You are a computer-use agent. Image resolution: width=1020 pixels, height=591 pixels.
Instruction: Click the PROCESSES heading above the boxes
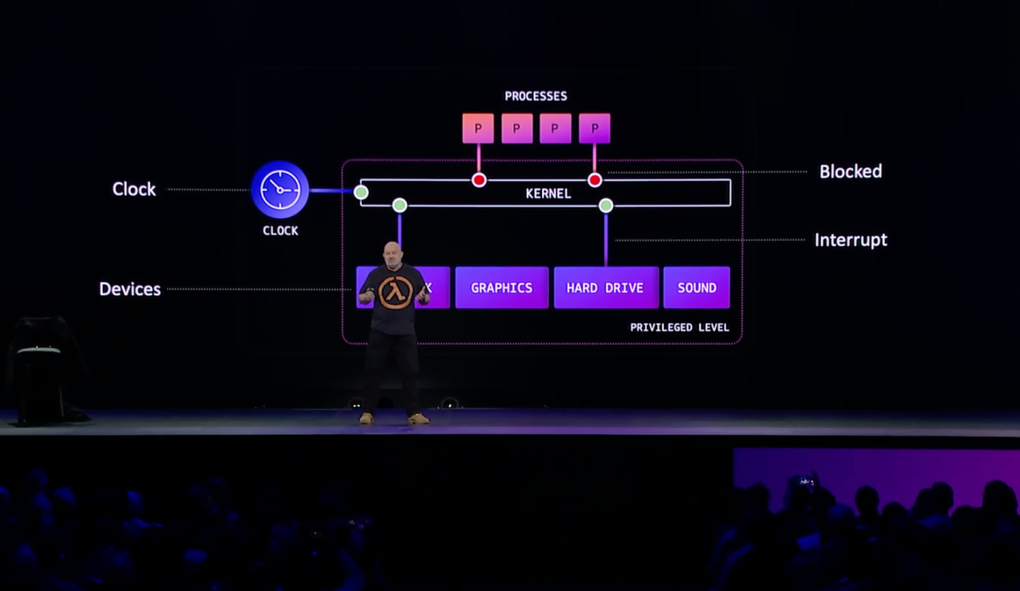click(x=535, y=96)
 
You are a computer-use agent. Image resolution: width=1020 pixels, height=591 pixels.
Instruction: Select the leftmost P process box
click(x=478, y=128)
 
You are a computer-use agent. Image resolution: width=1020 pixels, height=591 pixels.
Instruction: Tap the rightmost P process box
click(x=594, y=128)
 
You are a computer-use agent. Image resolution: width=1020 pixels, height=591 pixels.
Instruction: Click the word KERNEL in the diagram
click(x=548, y=194)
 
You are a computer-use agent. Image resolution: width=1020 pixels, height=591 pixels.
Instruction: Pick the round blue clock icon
click(x=280, y=190)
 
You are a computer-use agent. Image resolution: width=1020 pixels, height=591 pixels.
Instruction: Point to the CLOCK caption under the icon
click(x=280, y=230)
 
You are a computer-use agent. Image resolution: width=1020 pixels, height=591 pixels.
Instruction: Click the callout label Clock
click(x=134, y=189)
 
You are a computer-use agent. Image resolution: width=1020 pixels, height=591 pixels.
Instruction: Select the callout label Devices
click(x=129, y=289)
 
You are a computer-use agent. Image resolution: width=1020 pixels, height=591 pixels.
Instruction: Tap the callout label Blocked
click(x=850, y=172)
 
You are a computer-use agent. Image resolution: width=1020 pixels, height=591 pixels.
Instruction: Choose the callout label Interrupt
click(x=850, y=240)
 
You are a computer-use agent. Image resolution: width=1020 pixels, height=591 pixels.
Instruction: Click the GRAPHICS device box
click(x=501, y=288)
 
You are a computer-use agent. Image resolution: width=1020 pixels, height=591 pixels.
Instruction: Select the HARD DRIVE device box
click(x=605, y=288)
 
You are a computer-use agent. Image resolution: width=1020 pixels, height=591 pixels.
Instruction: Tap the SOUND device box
click(x=696, y=288)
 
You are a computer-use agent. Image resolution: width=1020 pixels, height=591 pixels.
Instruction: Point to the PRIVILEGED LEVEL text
click(x=679, y=328)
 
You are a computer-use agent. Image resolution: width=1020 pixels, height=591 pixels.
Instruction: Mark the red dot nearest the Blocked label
click(x=595, y=179)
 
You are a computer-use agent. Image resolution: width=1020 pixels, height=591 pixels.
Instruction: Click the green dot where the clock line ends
click(x=361, y=192)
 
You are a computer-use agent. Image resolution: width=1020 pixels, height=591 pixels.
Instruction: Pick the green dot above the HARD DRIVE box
click(x=606, y=205)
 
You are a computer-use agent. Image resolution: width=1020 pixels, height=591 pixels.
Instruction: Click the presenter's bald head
click(x=392, y=252)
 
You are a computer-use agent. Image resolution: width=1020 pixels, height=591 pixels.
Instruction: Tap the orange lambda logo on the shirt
click(x=395, y=293)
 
